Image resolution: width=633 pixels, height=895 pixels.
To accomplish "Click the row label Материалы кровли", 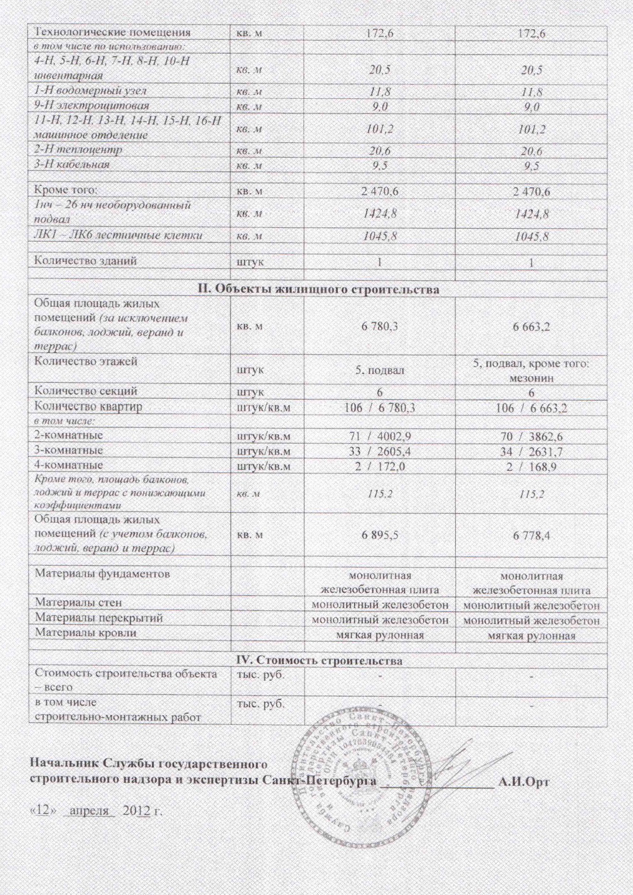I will tap(85, 632).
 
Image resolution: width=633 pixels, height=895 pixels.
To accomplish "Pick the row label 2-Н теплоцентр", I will tap(77, 151).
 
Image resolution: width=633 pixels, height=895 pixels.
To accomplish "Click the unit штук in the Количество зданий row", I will tap(250, 261).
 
